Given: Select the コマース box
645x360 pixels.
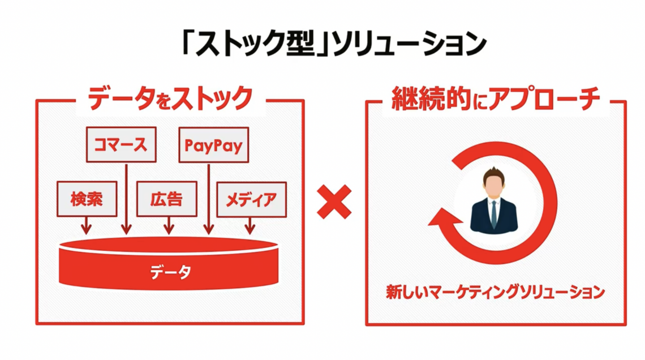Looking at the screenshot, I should tap(121, 144).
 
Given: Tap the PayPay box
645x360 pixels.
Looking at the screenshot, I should tap(213, 145).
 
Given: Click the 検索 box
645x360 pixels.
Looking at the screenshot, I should tap(87, 199).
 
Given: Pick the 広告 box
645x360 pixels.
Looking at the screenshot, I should tap(167, 199).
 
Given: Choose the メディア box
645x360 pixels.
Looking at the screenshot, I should tap(251, 199).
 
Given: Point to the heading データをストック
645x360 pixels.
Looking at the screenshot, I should tap(170, 98).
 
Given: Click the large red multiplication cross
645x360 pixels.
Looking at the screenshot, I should tap(334, 202).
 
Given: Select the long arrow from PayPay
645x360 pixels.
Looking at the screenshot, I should tap(209, 198).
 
